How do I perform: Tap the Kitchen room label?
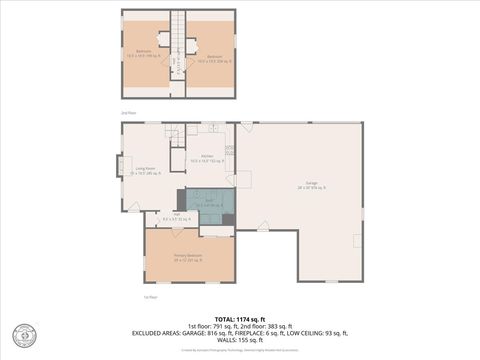click(x=207, y=158)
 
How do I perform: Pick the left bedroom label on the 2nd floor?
click(x=144, y=55)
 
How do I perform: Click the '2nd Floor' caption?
click(x=127, y=113)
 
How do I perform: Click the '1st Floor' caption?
click(x=150, y=297)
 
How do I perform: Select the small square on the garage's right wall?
click(x=357, y=240)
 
